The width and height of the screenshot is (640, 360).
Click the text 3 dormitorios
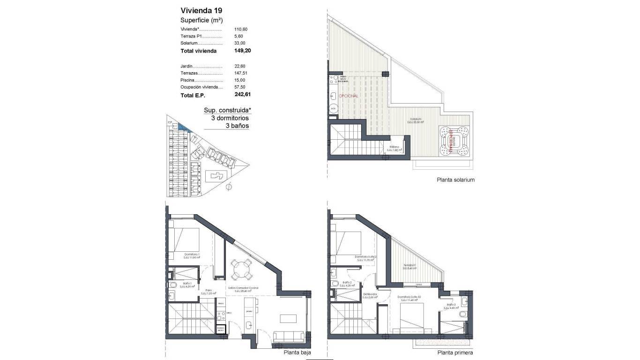(x=230, y=118)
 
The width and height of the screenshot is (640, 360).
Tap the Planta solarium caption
(x=455, y=180)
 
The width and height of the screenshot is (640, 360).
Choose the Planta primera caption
(x=455, y=353)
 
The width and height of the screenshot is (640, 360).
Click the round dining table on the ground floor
(x=242, y=269)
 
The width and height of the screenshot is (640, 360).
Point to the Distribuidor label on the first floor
(x=369, y=294)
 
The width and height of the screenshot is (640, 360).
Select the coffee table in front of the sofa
(x=288, y=318)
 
